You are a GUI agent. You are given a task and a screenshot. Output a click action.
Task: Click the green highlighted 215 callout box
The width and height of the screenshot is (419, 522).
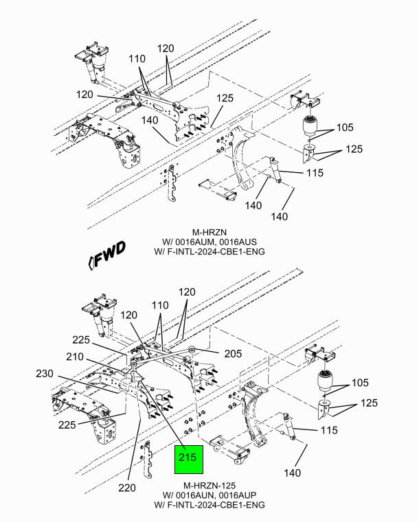(x=189, y=459)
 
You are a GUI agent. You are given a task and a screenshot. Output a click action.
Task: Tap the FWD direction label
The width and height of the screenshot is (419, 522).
(x=107, y=254)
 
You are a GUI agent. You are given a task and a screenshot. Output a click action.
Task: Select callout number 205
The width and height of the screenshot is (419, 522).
(x=233, y=353)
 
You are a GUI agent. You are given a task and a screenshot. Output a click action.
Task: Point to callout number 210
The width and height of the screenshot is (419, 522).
(x=75, y=357)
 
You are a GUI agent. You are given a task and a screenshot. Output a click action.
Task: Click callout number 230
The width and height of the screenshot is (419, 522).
(x=45, y=374)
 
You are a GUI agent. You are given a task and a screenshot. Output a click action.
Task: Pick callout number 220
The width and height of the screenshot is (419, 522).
(x=127, y=488)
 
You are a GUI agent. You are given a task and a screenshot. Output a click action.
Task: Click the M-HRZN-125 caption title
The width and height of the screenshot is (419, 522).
(x=209, y=486)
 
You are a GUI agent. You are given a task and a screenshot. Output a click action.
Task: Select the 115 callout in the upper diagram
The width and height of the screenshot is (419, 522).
(x=315, y=172)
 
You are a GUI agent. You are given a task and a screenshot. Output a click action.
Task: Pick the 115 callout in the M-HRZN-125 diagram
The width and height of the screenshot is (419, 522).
(x=329, y=430)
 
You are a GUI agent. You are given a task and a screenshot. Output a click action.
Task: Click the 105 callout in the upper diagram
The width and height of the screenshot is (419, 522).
(x=345, y=127)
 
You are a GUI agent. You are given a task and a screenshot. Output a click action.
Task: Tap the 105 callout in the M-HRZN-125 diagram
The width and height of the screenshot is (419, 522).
(x=361, y=383)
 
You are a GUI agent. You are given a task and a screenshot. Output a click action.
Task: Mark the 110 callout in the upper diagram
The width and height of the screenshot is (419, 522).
(x=137, y=58)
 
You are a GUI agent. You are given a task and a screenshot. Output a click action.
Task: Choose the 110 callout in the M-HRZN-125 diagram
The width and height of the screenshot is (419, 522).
(x=160, y=305)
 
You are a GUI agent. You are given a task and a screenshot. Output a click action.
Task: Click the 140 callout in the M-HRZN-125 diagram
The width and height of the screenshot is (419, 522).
(x=293, y=473)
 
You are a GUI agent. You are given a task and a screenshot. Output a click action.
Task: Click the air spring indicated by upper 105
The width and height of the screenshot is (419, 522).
(x=310, y=126)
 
